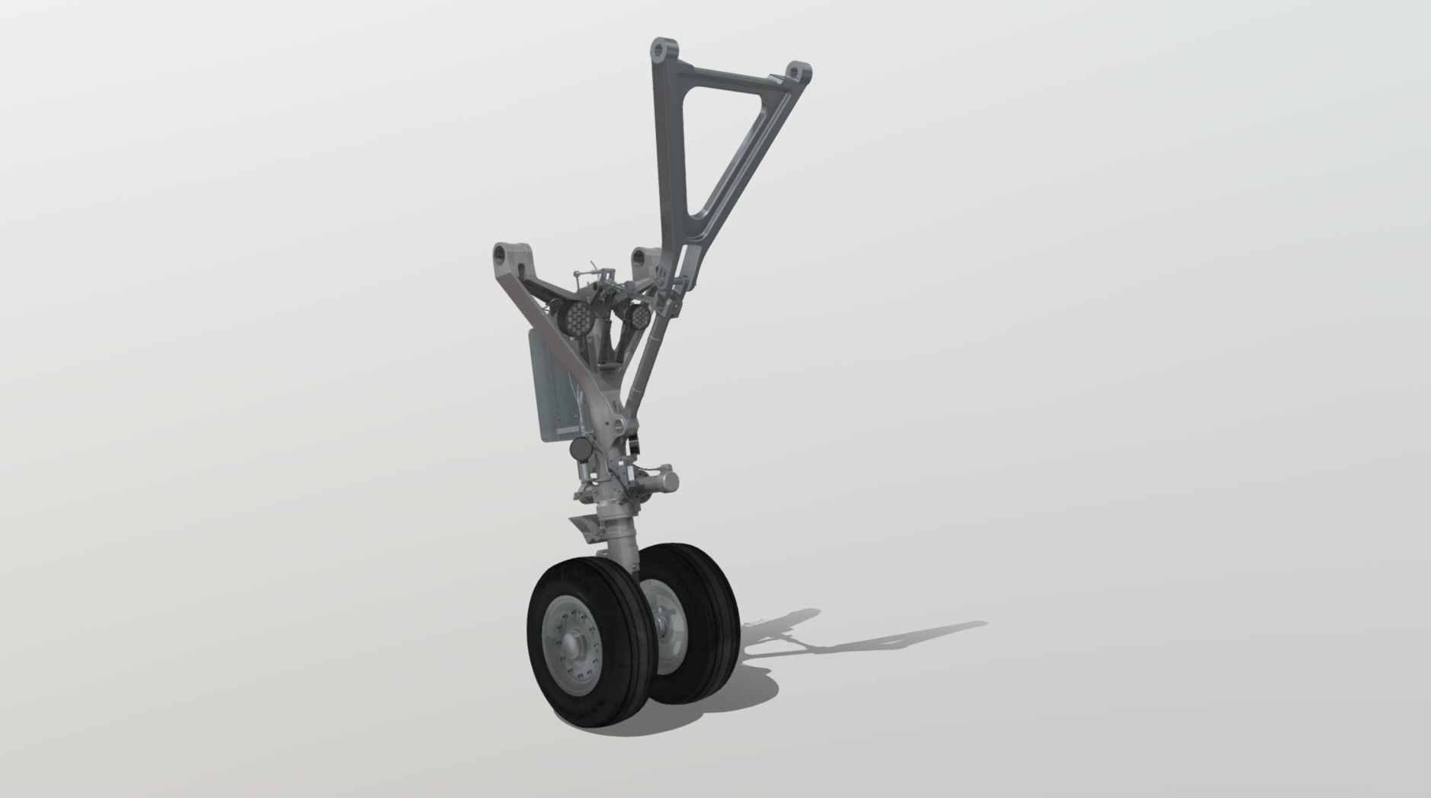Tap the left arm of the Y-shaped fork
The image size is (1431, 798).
[549, 305]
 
